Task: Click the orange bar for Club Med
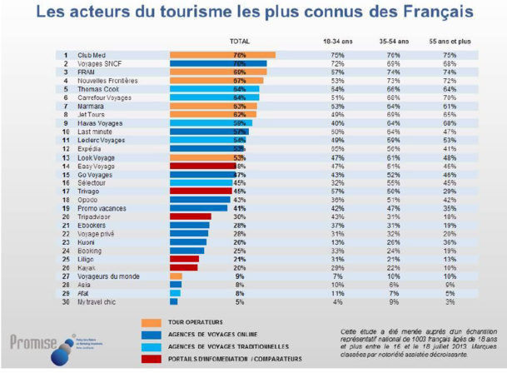point(221,55)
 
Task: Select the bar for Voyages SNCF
point(217,63)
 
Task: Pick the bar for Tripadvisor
point(191,216)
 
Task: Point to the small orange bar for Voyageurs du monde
point(176,275)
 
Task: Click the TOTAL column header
point(239,40)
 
